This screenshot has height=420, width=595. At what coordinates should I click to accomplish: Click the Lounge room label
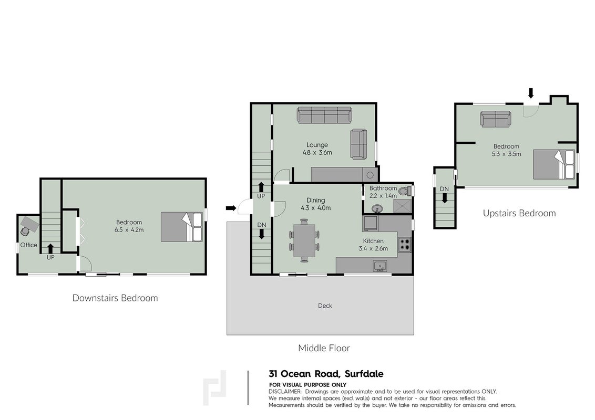(317, 145)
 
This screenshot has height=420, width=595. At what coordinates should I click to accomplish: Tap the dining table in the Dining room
(304, 240)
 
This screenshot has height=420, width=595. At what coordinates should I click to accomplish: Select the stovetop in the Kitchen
(405, 245)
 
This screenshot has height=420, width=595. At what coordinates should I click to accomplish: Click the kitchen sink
(379, 266)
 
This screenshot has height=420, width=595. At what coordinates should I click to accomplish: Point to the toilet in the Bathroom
(405, 191)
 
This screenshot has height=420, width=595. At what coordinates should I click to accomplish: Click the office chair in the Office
(25, 230)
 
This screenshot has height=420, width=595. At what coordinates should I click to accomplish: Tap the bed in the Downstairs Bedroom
(181, 227)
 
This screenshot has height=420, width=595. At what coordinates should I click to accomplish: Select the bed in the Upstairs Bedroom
(554, 164)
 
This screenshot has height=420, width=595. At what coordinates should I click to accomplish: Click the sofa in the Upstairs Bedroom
(495, 119)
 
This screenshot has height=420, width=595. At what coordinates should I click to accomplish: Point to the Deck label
(325, 306)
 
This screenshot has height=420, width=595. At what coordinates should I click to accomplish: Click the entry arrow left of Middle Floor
(231, 208)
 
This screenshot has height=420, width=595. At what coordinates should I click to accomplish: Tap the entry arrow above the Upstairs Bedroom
(531, 93)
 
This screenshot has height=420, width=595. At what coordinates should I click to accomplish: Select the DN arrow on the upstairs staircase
(444, 198)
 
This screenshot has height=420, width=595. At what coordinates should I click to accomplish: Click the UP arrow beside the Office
(50, 248)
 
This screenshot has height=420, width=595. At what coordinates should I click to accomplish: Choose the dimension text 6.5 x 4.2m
(129, 230)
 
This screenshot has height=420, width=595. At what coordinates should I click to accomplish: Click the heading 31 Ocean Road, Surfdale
(326, 374)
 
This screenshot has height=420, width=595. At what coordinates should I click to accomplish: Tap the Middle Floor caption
(324, 348)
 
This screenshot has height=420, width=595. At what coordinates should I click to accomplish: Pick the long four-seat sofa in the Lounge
(324, 115)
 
